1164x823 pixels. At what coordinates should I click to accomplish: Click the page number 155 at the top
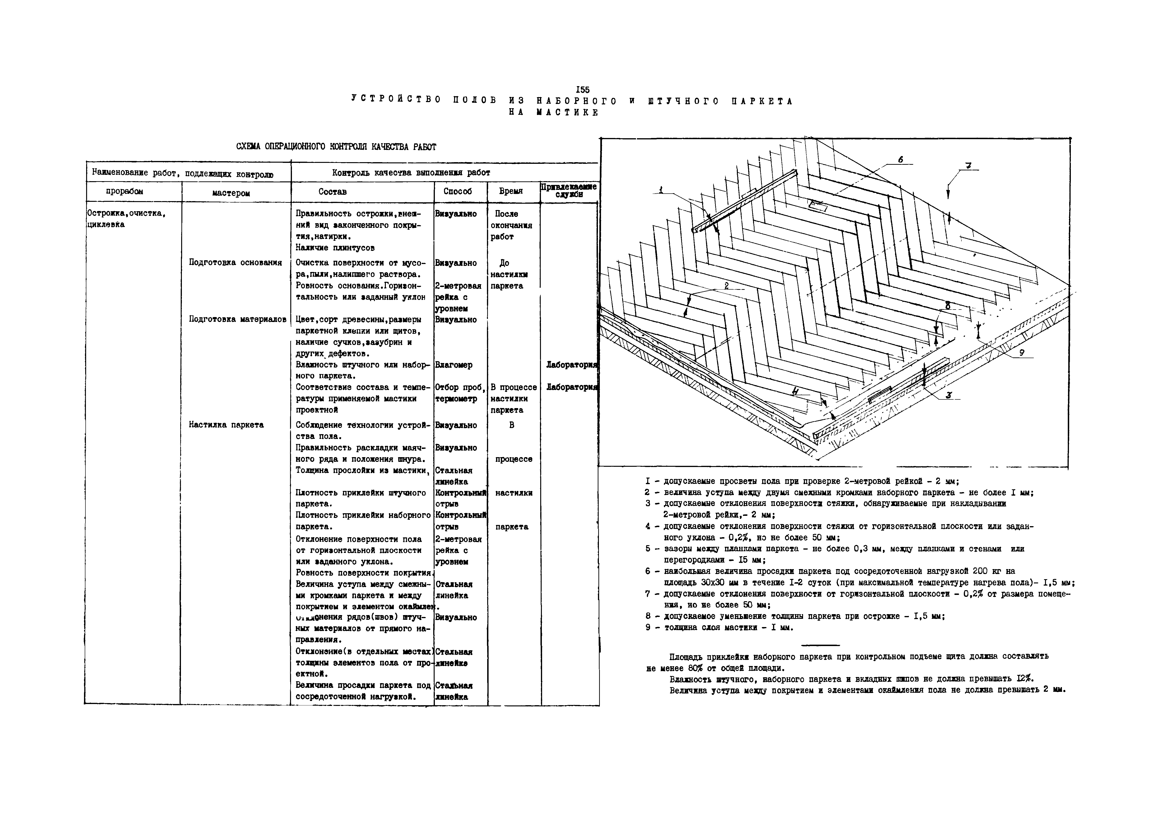583,90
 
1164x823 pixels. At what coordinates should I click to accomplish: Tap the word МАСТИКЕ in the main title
567,113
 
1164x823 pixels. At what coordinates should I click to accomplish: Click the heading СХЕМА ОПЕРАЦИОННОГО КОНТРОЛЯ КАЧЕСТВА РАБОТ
336,147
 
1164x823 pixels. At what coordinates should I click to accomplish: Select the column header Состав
333,192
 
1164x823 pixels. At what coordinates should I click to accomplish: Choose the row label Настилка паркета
226,425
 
